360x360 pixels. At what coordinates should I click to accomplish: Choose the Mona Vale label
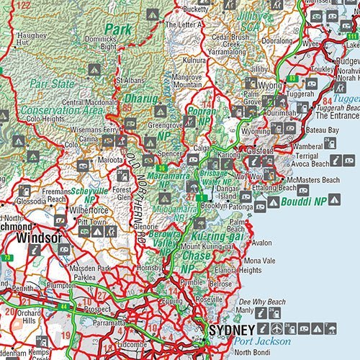click(x=260, y=260)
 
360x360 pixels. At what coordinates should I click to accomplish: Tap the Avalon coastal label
click(x=262, y=243)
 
